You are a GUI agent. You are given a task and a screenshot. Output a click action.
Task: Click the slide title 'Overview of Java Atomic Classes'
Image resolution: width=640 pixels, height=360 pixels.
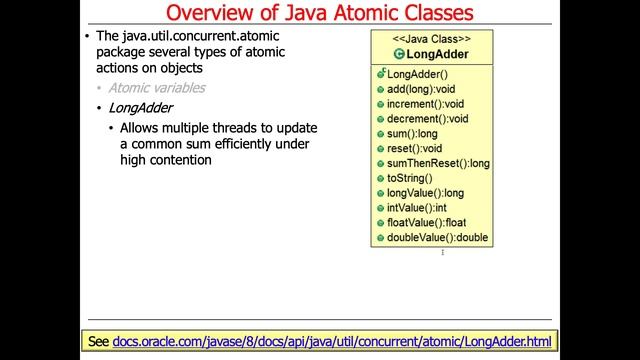319,14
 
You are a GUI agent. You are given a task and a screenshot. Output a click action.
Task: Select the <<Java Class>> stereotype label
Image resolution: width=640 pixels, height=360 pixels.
431,38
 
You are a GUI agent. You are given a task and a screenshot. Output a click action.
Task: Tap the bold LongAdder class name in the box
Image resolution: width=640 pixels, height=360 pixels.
437,54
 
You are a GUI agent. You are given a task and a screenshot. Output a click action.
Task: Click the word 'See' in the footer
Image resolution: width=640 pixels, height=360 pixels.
98,341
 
